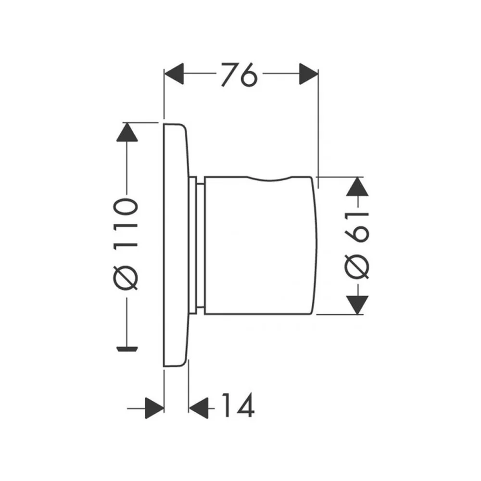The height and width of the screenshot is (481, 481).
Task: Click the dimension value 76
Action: click(239, 75)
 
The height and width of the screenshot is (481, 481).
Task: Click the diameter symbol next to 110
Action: click(126, 277)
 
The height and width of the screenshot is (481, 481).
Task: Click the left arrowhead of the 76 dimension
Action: click(174, 74)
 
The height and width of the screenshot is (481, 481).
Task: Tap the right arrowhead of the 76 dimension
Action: click(309, 74)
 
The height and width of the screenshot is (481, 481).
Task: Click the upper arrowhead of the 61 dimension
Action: click(357, 187)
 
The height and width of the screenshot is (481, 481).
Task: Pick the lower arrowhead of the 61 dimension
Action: click(357, 305)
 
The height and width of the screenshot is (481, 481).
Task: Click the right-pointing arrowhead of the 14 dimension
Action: click(154, 408)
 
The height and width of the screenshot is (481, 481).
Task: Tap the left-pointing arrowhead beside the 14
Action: click(199, 408)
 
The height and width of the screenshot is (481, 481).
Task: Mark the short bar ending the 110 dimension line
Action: click(127, 348)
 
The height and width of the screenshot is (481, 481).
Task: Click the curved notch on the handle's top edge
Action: click(269, 179)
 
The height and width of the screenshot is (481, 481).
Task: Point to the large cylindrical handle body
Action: click(260, 245)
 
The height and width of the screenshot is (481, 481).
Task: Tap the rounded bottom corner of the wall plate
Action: click(183, 364)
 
